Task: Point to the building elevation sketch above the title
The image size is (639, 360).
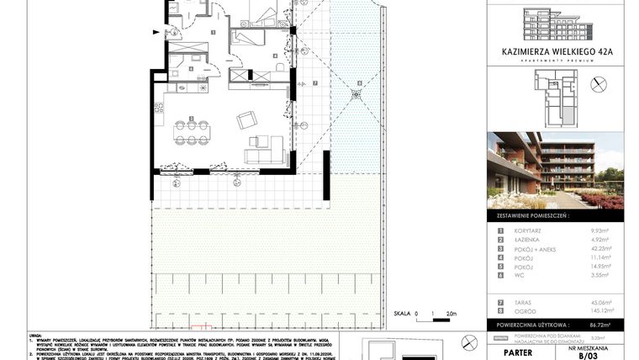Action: (x=557, y=24)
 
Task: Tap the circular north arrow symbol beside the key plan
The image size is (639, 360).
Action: (x=599, y=84)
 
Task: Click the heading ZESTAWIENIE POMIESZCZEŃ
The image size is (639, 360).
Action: (x=557, y=217)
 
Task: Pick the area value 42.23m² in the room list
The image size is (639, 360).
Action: (x=599, y=247)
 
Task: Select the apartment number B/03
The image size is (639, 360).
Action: (x=599, y=354)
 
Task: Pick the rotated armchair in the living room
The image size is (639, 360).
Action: (x=246, y=119)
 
